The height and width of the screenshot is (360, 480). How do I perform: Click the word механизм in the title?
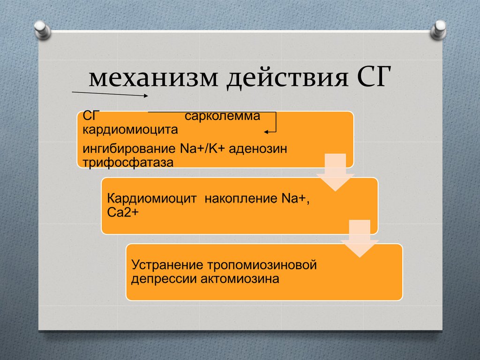152,79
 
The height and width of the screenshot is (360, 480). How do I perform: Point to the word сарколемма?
222,116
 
